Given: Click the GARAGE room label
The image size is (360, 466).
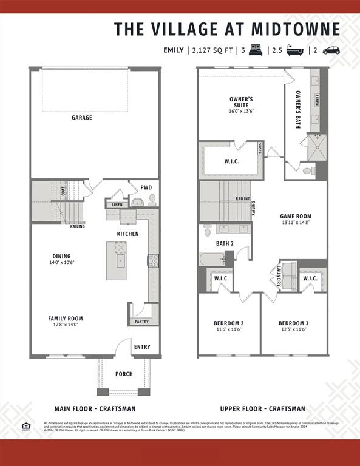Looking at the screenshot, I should (82, 118).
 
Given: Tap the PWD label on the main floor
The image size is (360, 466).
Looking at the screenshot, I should (146, 187).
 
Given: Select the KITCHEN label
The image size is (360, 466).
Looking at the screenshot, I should (127, 234).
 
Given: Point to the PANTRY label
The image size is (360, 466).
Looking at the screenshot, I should (141, 322).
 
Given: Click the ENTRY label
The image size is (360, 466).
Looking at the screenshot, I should (142, 347).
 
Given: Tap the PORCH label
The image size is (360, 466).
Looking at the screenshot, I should (124, 374).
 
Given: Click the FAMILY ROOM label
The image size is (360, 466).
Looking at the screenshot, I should (66, 318).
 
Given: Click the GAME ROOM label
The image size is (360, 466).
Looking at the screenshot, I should (296, 216).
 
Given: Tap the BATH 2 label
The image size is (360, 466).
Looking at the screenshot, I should (225, 244).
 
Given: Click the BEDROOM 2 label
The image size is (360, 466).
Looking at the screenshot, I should (229, 323).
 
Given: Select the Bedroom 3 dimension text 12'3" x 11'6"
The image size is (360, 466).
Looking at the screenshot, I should (293, 329).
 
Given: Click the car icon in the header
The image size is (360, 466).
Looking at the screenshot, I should (331, 50).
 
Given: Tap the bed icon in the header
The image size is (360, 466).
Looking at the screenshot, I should (254, 50).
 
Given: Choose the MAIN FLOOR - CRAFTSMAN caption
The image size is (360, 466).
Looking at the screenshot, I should (95, 409).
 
